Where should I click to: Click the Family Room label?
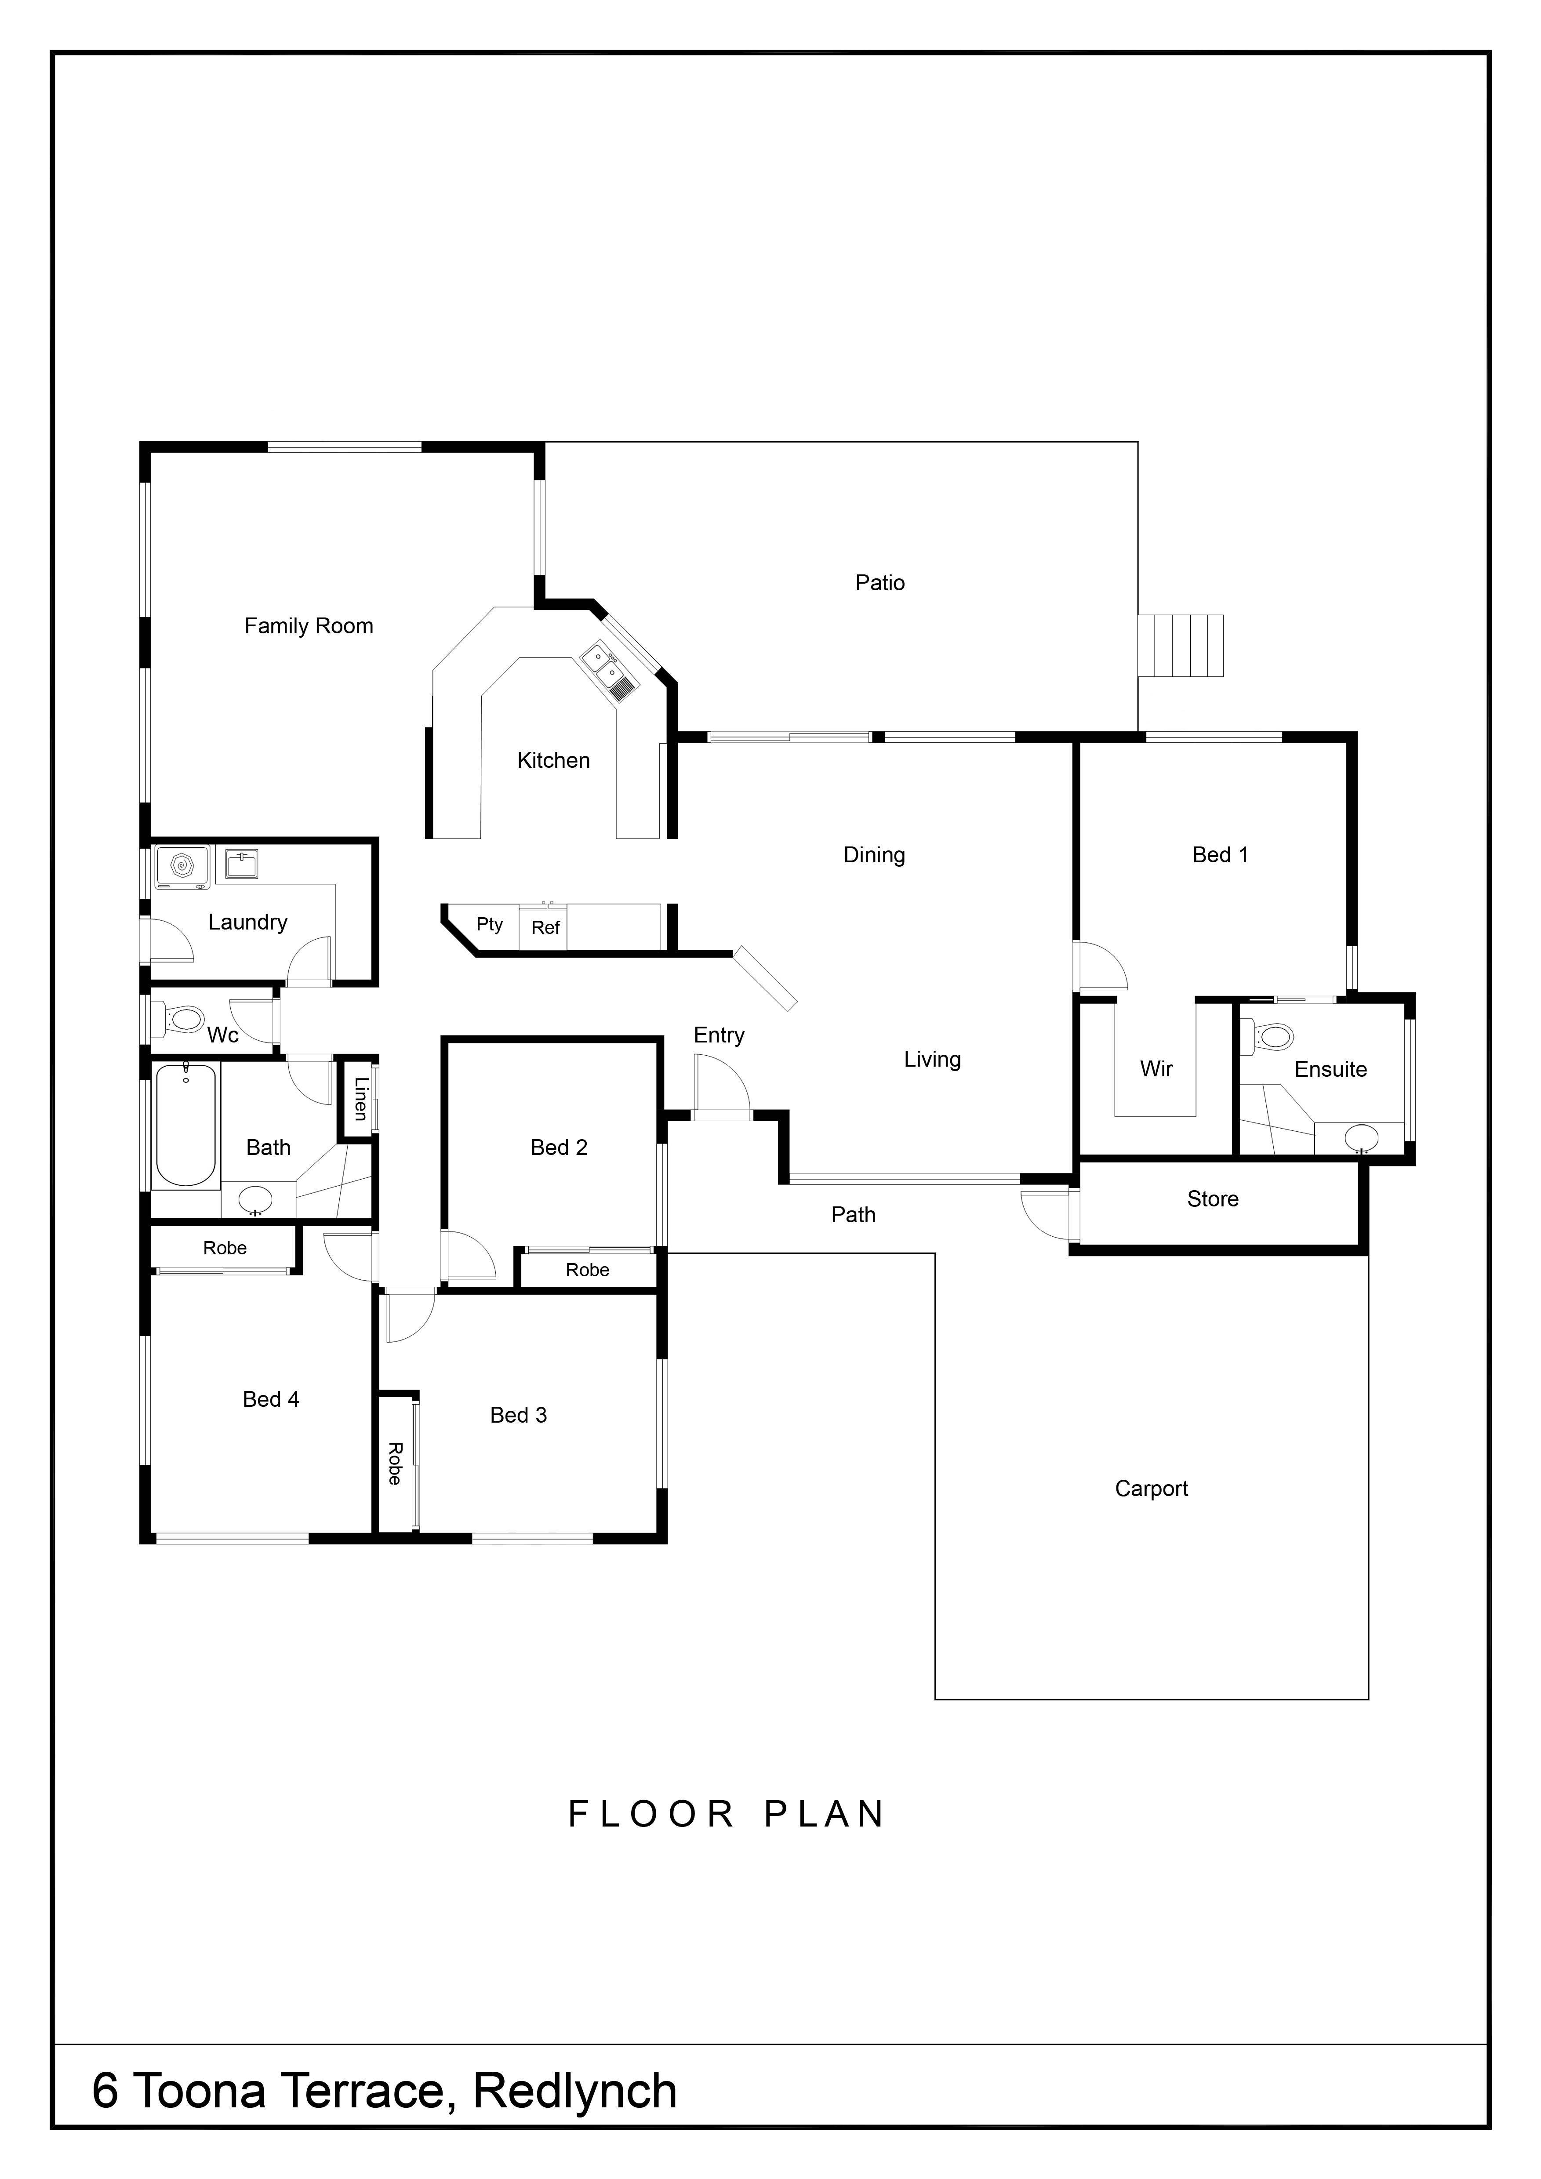point(309,626)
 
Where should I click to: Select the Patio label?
point(880,583)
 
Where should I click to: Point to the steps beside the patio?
point(1181,645)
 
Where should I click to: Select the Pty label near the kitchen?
point(490,924)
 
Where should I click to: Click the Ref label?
point(545,927)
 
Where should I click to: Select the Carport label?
point(1151,1489)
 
